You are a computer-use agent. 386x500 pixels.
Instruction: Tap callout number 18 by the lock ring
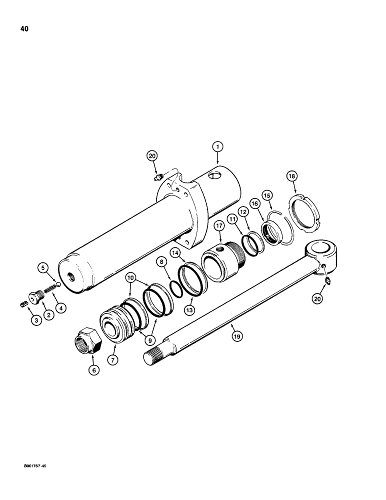coord(291,176)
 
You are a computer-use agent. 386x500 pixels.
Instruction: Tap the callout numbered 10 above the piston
coord(130,276)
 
